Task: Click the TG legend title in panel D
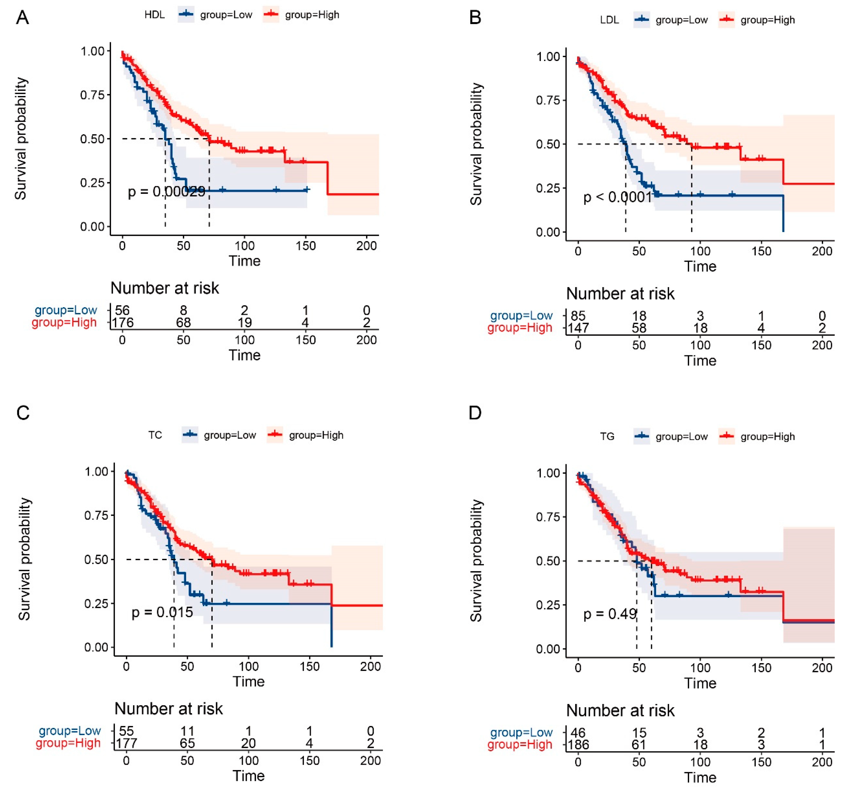pyautogui.click(x=607, y=437)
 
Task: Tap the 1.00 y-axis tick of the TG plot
pyautogui.click(x=548, y=473)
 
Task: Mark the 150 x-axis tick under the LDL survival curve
pyautogui.click(x=761, y=251)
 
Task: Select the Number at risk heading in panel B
pyautogui.click(x=620, y=294)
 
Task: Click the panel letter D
pyautogui.click(x=475, y=413)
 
